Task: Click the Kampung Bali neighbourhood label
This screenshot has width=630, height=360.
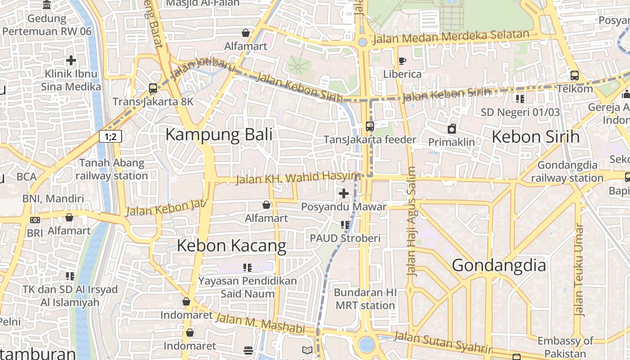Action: (219, 135)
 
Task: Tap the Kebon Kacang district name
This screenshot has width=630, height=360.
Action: (231, 246)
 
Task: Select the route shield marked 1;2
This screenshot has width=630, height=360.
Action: (110, 136)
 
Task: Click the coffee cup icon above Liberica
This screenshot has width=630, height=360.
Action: (402, 61)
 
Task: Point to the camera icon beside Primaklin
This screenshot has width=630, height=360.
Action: (451, 129)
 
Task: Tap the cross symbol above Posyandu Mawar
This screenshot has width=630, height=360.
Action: (344, 193)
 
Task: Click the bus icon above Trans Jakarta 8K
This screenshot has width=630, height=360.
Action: (153, 88)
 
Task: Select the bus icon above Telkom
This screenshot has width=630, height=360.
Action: (575, 75)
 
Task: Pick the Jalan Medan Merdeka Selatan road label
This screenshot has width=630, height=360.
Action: (451, 37)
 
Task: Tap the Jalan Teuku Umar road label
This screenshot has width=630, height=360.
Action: (579, 270)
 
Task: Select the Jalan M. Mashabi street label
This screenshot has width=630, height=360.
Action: (260, 324)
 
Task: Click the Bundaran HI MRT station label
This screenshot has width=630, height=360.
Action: (365, 299)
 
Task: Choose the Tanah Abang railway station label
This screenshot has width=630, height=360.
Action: (112, 169)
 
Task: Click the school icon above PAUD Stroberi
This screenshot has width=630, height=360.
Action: (345, 225)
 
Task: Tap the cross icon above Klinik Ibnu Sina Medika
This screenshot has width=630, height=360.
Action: (71, 60)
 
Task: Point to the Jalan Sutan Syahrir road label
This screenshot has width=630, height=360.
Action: (443, 342)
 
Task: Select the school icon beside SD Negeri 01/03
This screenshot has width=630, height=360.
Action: (520, 99)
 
